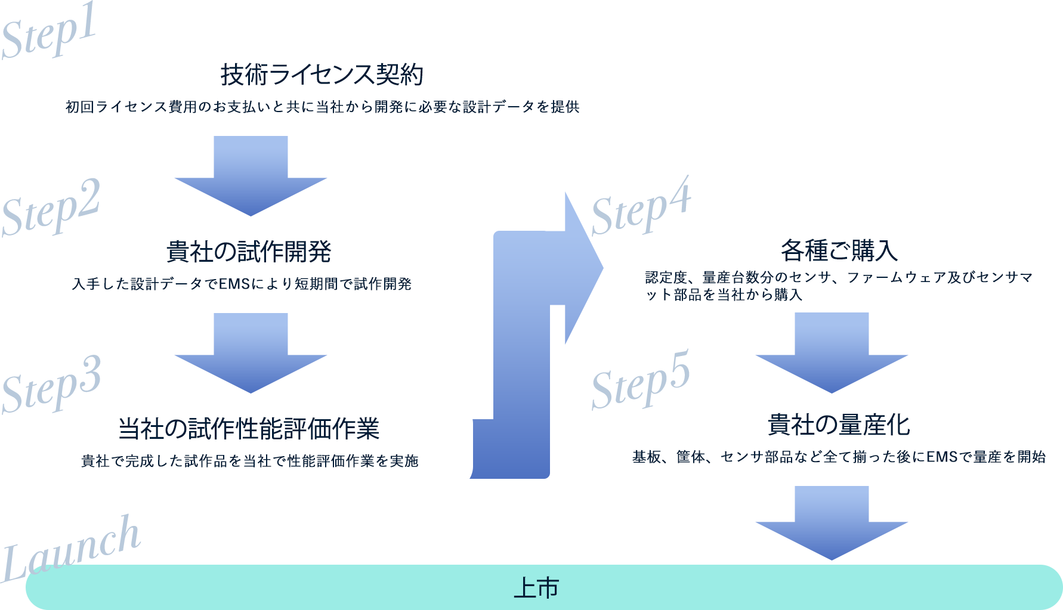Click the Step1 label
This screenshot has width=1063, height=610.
pyautogui.click(x=49, y=35)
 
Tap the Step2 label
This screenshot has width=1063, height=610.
pyautogui.click(x=51, y=209)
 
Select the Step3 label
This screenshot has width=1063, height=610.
pyautogui.click(x=51, y=385)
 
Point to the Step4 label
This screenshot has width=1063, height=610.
pyautogui.click(x=641, y=206)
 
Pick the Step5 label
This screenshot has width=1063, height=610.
pyautogui.click(x=641, y=380)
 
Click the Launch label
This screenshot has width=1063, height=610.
pyautogui.click(x=70, y=549)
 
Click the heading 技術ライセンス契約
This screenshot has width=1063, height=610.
pyautogui.click(x=322, y=75)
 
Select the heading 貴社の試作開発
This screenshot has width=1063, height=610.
pyautogui.click(x=249, y=252)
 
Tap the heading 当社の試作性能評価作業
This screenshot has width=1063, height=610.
pyautogui.click(x=249, y=429)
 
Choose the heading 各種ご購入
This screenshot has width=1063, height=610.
pyautogui.click(x=839, y=251)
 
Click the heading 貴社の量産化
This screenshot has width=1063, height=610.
pyautogui.click(x=839, y=425)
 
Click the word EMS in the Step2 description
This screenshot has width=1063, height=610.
pyautogui.click(x=234, y=284)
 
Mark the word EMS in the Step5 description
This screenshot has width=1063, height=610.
pyautogui.click(x=941, y=457)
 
